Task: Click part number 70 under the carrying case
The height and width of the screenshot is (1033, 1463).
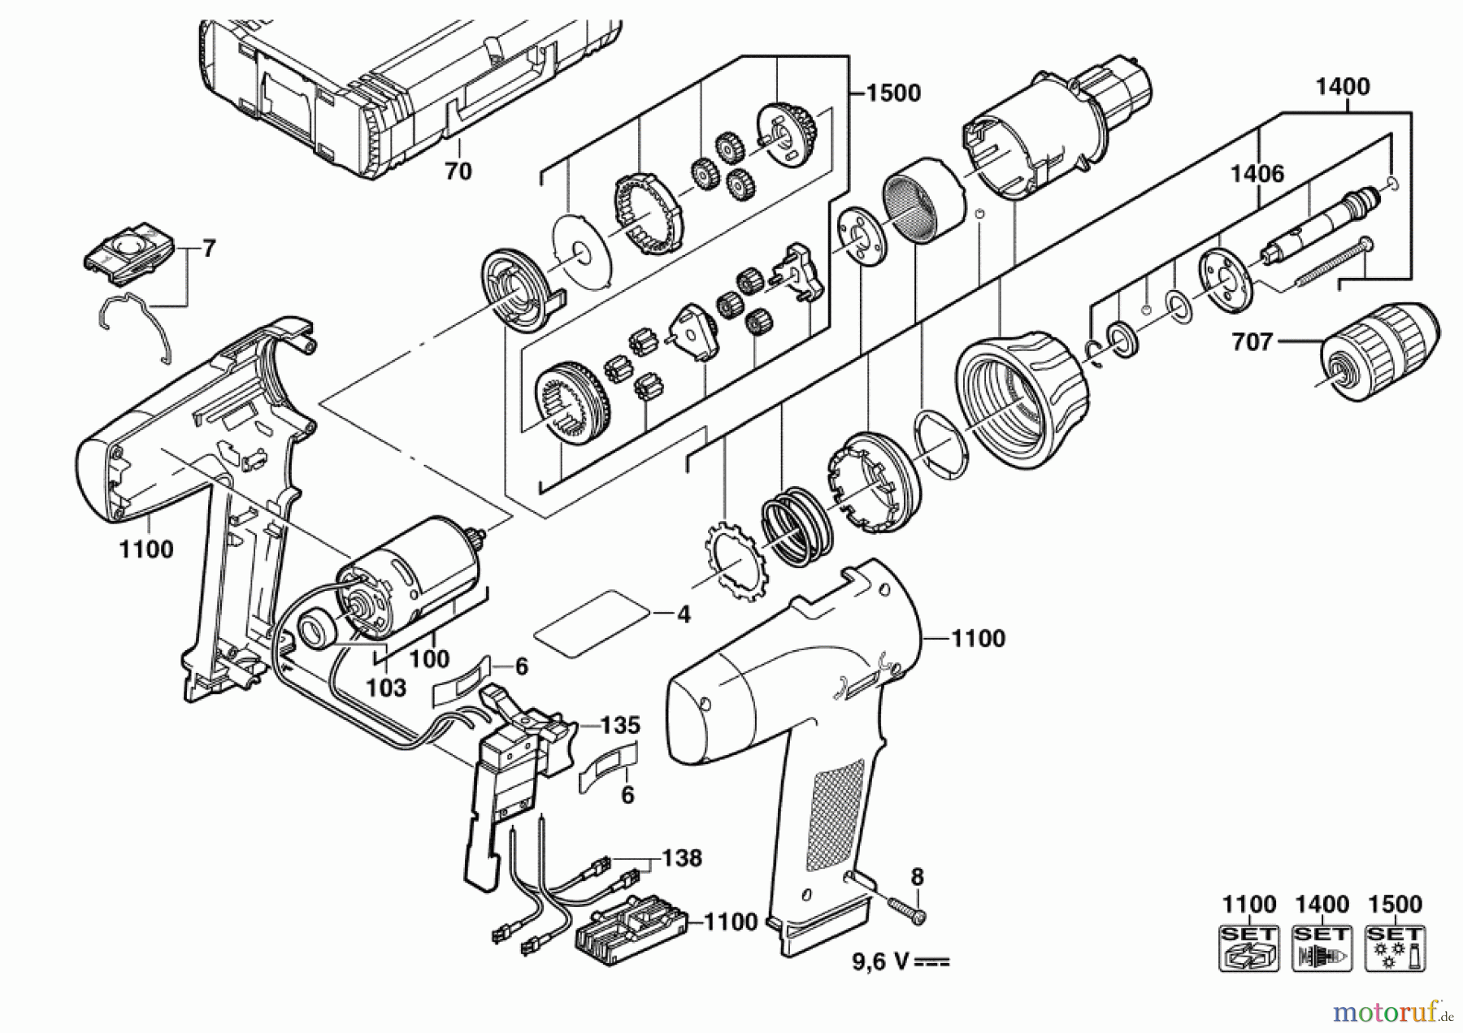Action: [x=458, y=171]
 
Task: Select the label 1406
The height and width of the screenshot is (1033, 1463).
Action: [x=1257, y=173]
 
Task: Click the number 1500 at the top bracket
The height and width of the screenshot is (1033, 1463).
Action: [x=893, y=93]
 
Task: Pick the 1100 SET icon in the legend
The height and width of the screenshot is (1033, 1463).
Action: [x=1249, y=948]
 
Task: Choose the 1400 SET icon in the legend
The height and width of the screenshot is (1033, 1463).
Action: [x=1322, y=948]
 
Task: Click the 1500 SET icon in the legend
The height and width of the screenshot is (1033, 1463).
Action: [x=1395, y=948]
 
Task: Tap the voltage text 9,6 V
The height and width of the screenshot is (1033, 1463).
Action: [x=901, y=961]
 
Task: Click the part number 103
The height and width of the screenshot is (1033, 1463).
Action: [x=385, y=688]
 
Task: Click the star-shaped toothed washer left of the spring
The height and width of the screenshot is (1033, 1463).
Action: [x=732, y=562]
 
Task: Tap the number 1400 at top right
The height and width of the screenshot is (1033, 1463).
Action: [x=1343, y=86]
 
